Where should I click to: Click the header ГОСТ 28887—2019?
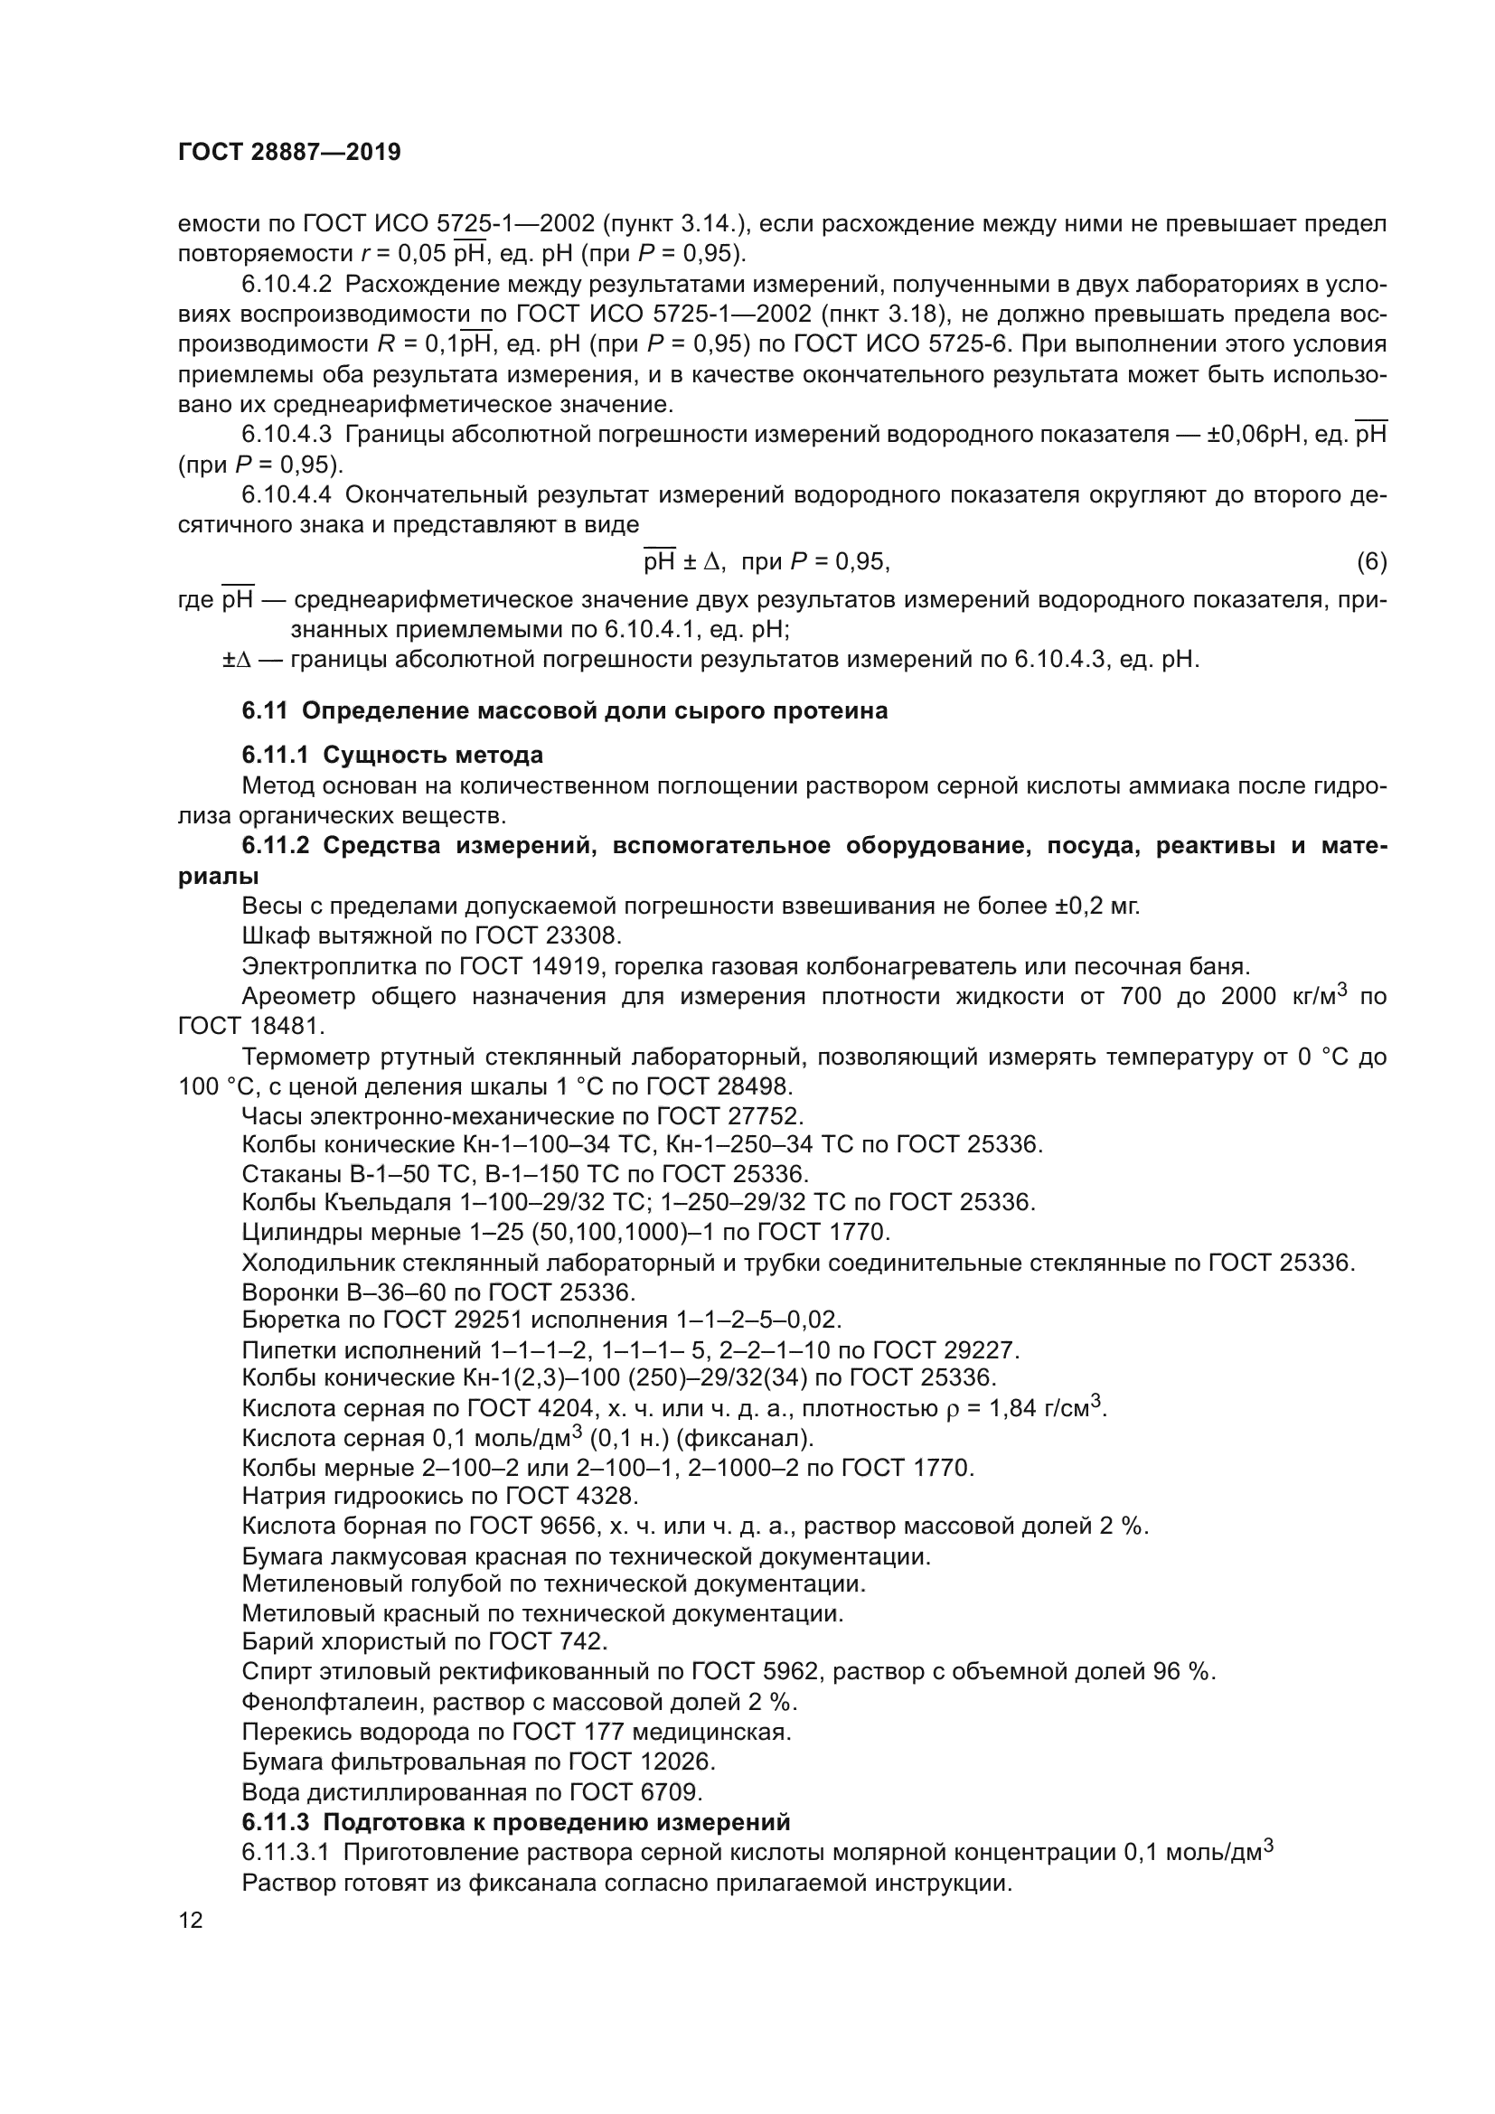[x=289, y=153]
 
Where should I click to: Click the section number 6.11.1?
[x=277, y=755]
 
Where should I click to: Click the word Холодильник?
[x=313, y=1263]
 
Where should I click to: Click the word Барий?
[x=273, y=1640]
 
